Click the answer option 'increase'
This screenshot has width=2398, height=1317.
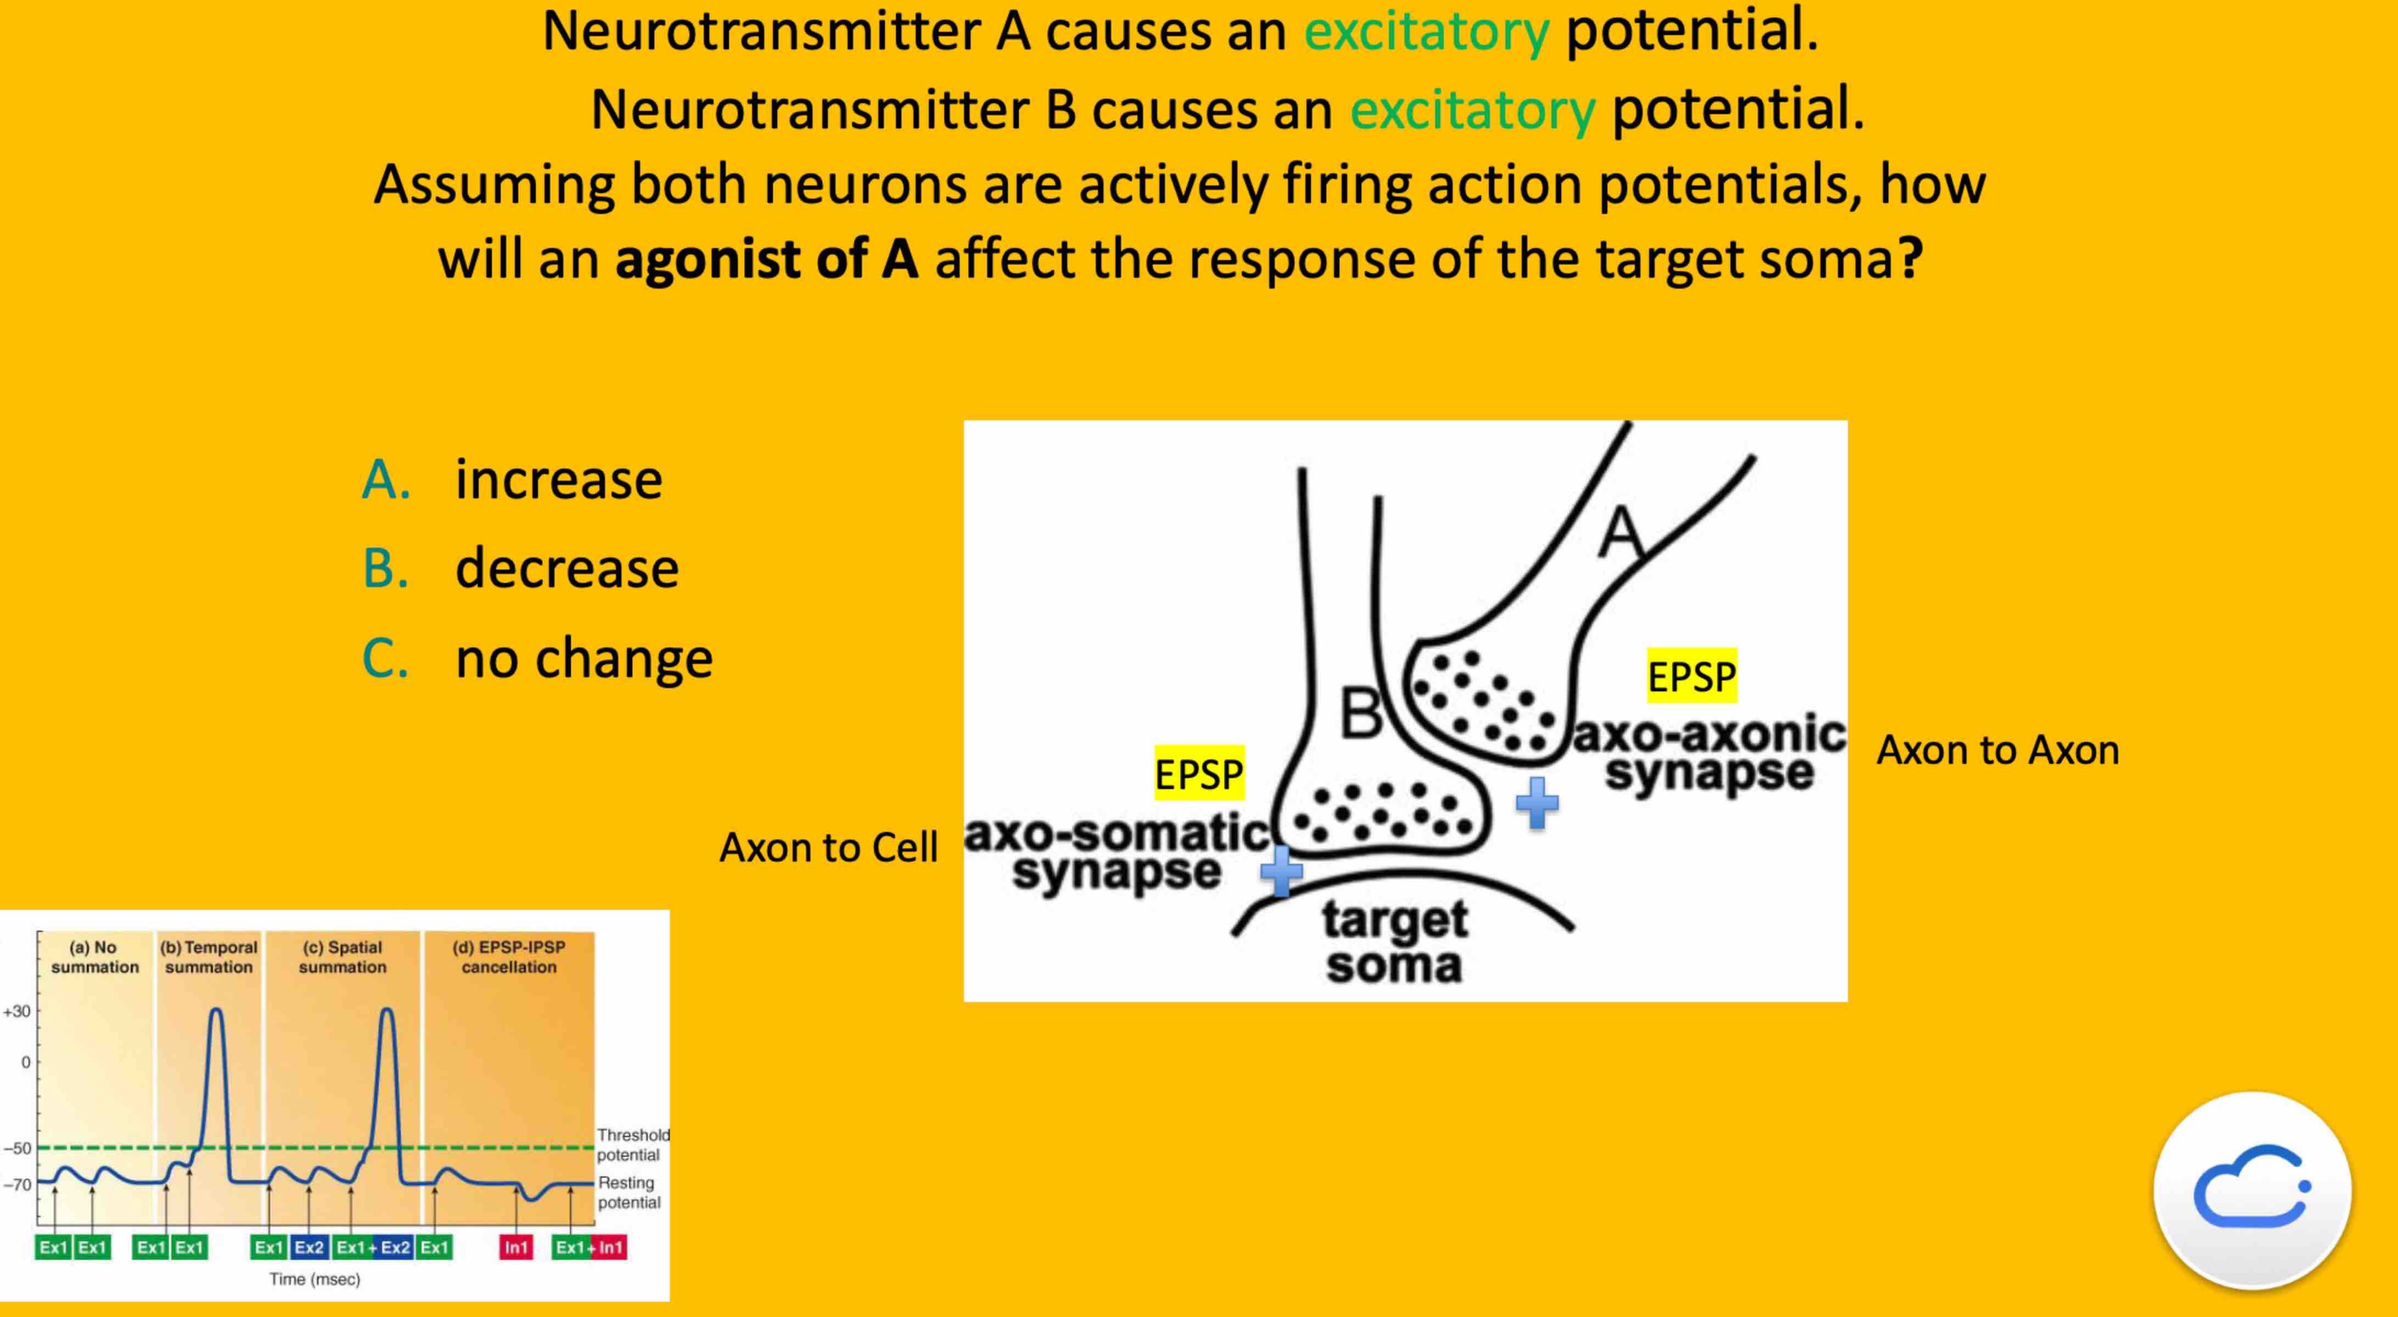[558, 480]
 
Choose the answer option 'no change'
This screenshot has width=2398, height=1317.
[584, 658]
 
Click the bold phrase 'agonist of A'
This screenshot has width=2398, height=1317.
[767, 259]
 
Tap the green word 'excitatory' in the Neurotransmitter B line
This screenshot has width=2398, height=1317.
[1473, 110]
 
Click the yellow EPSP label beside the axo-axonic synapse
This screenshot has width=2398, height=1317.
[1691, 676]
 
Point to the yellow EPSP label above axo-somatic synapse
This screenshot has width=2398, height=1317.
[1198, 773]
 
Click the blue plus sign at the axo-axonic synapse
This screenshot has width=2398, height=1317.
[1537, 802]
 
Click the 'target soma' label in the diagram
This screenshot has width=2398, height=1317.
[1394, 942]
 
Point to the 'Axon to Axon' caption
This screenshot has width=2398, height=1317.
[1998, 750]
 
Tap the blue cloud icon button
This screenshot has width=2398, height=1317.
[2252, 1190]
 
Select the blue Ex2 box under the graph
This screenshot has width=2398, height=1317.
[309, 1247]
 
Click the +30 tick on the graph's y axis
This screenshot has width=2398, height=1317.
[18, 1012]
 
